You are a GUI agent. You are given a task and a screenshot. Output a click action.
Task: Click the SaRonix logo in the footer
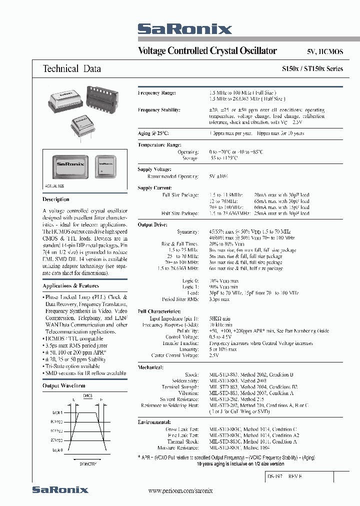(60, 490)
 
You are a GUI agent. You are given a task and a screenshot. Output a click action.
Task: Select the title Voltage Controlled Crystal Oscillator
(207, 50)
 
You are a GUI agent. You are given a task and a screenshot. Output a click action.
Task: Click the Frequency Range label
(156, 93)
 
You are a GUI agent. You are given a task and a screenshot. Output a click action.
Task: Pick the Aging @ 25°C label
(153, 133)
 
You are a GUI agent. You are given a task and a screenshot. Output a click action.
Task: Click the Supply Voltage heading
(154, 169)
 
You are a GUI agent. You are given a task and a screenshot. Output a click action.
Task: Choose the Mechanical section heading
(150, 367)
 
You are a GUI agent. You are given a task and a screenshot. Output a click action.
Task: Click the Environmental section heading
(154, 422)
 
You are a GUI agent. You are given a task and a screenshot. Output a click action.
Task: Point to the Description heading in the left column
(56, 199)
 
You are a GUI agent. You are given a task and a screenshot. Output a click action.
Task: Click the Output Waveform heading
(63, 385)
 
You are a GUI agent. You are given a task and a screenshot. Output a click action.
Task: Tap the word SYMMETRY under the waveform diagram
(88, 464)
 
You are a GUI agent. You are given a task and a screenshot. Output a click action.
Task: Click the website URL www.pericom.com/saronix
(180, 491)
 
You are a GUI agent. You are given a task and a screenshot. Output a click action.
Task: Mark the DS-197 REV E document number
(283, 476)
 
